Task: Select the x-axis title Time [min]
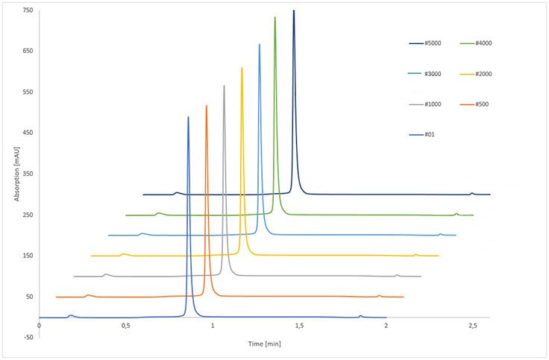[265, 344]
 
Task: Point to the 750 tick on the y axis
[28, 10]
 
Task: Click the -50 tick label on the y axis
[28, 338]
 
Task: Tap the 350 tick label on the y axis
[28, 174]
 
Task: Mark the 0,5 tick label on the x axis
[125, 326]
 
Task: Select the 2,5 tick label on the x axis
[472, 326]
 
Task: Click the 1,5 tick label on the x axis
[299, 326]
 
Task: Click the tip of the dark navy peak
[294, 10]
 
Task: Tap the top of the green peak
[275, 17]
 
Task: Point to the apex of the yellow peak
[242, 68]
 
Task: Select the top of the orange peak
[207, 106]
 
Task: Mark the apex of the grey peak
[224, 86]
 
